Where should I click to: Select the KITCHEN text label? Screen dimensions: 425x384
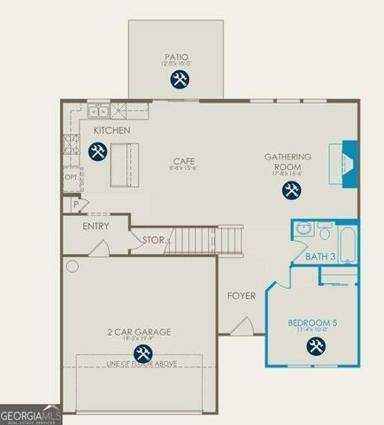(x=112, y=131)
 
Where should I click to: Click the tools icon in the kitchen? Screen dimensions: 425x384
(x=97, y=152)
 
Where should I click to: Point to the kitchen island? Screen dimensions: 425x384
(x=123, y=168)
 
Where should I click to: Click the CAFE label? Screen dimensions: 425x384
(x=183, y=161)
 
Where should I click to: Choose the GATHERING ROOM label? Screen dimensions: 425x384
(x=288, y=161)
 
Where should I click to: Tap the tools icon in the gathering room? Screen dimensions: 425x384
(x=290, y=189)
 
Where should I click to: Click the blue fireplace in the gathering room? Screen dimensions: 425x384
(x=349, y=163)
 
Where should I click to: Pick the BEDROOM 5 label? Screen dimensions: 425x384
(x=313, y=323)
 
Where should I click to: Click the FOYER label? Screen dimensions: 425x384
(x=242, y=296)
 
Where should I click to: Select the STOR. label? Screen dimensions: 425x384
(x=154, y=239)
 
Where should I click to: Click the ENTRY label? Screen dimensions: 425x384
(x=96, y=226)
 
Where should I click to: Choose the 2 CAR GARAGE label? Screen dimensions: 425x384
(x=141, y=332)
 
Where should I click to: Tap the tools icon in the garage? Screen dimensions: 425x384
(x=142, y=355)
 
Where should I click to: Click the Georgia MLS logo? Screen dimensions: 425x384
(x=31, y=415)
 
